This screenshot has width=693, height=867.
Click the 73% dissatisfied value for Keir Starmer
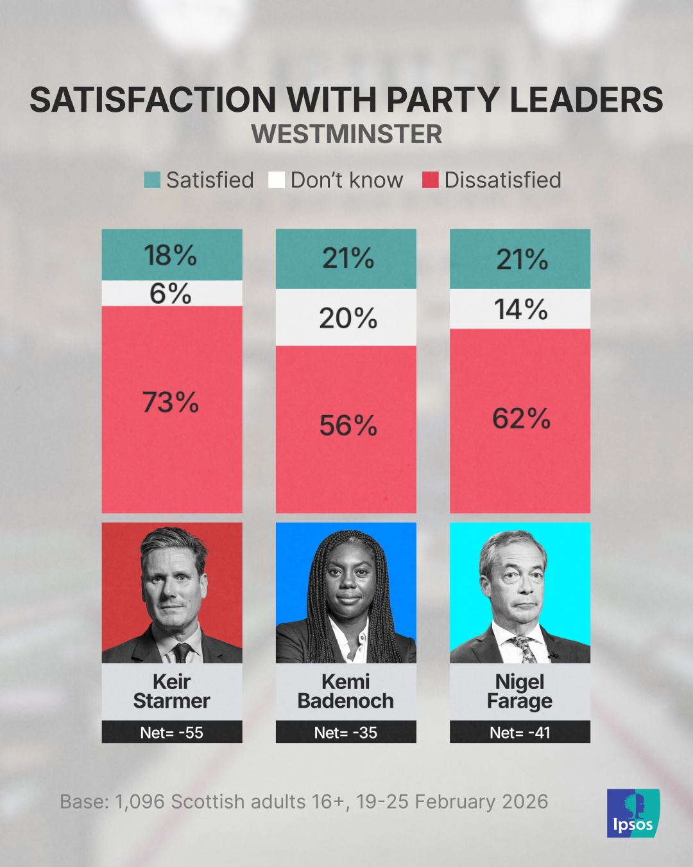[171, 403]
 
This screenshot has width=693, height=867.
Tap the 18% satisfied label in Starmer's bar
[171, 255]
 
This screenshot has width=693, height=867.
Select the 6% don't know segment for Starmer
[171, 293]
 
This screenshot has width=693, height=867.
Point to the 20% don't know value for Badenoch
[348, 318]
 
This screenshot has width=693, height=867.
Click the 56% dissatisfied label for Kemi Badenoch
[348, 425]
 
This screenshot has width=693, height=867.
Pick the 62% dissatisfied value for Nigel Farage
[521, 419]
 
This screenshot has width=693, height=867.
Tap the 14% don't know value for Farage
[521, 310]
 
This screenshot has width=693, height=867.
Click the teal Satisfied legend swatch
[152, 180]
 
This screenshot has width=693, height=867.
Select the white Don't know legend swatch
[277, 180]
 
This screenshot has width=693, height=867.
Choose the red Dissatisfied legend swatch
[430, 180]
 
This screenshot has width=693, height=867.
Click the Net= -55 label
[171, 733]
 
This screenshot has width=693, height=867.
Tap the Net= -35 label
[346, 733]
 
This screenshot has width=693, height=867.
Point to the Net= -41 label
[520, 733]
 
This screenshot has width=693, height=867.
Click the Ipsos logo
[633, 813]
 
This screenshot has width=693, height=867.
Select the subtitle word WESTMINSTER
[346, 134]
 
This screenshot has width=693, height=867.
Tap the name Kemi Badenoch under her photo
[346, 691]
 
